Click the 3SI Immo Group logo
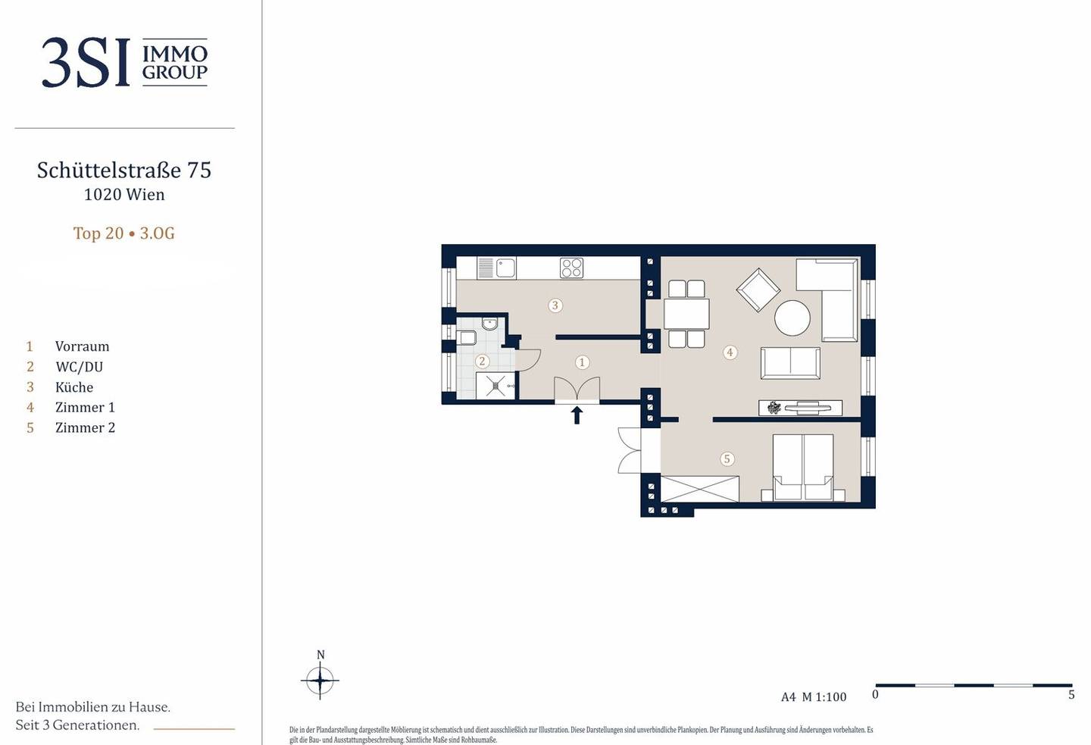(125, 62)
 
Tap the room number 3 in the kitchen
(555, 305)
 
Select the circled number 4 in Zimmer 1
(730, 352)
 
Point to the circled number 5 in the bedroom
(727, 459)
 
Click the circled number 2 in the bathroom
(482, 361)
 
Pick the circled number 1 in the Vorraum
(582, 362)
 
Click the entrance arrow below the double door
(577, 415)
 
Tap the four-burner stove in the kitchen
(572, 268)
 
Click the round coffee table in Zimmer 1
(792, 318)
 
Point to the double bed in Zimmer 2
(803, 468)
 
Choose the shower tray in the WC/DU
(495, 386)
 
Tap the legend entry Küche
(74, 387)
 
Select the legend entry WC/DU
(79, 366)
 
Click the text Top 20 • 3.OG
(123, 233)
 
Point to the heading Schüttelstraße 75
(124, 170)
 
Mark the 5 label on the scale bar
(1071, 694)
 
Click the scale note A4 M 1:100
(814, 696)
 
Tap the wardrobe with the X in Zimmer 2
(700, 489)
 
